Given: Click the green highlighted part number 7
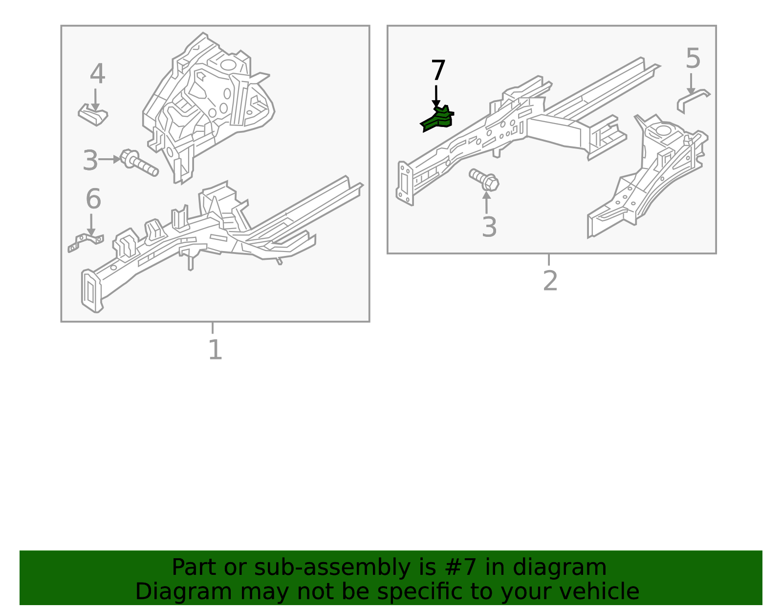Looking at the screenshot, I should (x=438, y=119).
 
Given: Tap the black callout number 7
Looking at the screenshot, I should (x=438, y=71).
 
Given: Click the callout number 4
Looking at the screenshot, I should (x=97, y=75).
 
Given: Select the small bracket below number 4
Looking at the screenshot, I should (x=93, y=115).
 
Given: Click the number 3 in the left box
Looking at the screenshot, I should (x=90, y=161).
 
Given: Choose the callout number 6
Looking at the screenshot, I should (x=93, y=200).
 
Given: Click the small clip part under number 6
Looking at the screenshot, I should (x=86, y=242).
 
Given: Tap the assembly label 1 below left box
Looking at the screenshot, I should (x=215, y=350).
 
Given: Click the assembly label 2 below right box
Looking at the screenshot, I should (x=550, y=281).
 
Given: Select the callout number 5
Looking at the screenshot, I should (x=693, y=59).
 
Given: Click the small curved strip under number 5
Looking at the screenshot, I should (x=693, y=101).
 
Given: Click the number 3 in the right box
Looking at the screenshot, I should (x=489, y=228).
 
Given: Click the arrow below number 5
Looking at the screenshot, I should (x=691, y=84).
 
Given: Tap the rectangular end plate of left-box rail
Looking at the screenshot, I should (x=91, y=291).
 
